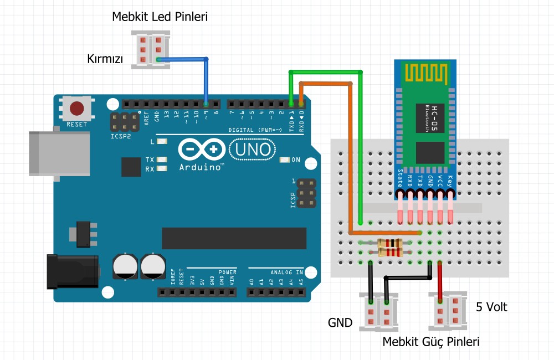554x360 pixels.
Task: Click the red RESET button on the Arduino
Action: pos(76,108)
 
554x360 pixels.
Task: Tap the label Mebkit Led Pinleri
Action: pos(160,17)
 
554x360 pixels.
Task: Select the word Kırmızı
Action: pos(105,58)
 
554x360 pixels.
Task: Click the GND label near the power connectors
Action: pos(340,322)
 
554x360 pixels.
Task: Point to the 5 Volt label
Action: pos(492,306)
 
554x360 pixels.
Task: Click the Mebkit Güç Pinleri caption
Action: pos(431,342)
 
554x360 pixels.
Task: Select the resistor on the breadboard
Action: pos(389,247)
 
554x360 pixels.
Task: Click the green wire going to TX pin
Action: pos(361,144)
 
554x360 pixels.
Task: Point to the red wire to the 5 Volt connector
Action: pos(440,282)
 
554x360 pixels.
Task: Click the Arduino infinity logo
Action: pos(202,150)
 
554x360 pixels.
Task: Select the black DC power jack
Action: pos(72,271)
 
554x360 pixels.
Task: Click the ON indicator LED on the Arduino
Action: pos(285,160)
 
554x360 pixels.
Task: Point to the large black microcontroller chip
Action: pos(234,238)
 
